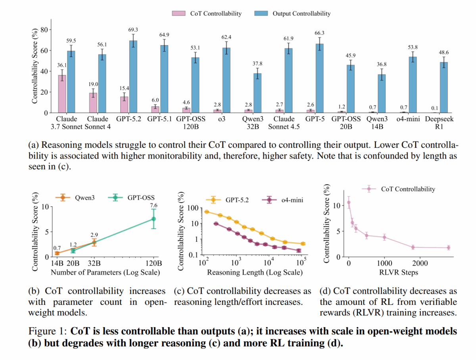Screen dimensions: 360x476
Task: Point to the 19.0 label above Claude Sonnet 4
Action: (92, 84)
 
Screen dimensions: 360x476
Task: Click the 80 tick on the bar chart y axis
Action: (44, 30)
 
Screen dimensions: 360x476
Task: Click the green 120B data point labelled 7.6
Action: (153, 219)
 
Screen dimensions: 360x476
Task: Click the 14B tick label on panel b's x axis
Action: (57, 263)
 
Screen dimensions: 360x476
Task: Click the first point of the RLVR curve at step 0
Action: (349, 203)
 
